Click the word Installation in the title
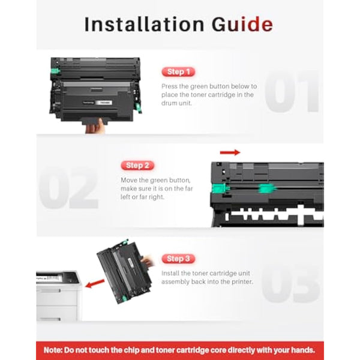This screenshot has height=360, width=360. coord(144,24)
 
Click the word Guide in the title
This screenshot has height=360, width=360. coord(242,24)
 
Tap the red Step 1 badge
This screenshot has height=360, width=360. coord(178,72)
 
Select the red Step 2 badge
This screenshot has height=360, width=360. coord(137,166)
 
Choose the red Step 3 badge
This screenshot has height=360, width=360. coord(178,259)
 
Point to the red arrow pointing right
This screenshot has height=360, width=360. coord(230,152)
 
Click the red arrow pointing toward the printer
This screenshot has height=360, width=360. coord(95,283)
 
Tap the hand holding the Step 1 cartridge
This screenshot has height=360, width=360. coord(95,126)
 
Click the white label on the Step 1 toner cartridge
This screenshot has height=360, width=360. coord(104,103)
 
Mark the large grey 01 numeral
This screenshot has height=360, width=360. coord(292,91)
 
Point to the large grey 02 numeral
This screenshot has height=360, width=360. coord(68,188)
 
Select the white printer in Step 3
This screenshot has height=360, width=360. coord(59,296)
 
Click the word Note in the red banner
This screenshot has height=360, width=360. coord(53,350)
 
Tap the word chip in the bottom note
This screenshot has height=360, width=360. coord(131,350)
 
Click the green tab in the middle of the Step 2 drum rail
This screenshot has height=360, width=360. coord(266,188)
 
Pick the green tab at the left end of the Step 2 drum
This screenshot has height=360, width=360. coord(219,188)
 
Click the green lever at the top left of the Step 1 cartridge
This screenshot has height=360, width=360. coord(55,71)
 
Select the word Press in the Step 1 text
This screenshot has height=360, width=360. coord(169,86)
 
